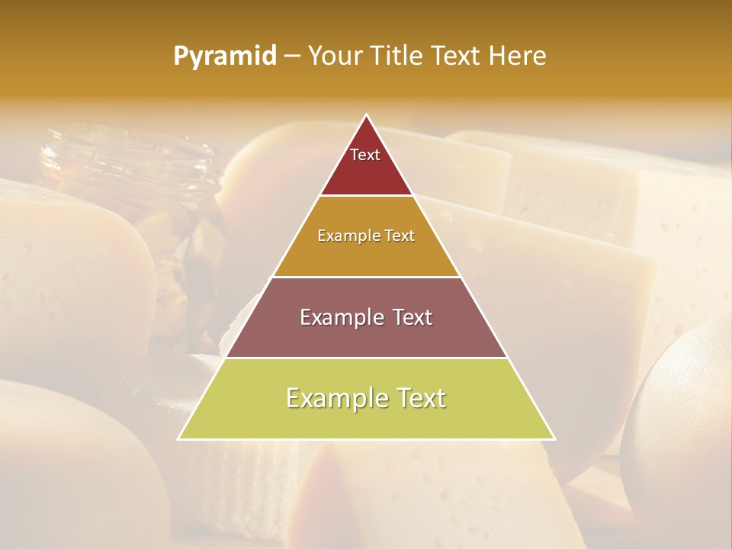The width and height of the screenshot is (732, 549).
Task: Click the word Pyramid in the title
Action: pyautogui.click(x=224, y=56)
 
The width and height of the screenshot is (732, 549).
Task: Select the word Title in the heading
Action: pyautogui.click(x=399, y=56)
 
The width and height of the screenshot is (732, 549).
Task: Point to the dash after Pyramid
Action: pyautogui.click(x=292, y=56)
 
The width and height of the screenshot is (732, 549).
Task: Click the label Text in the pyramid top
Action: pyautogui.click(x=365, y=155)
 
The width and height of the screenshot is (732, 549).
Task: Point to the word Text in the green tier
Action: pyautogui.click(x=419, y=398)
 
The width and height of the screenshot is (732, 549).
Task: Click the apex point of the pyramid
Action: pyautogui.click(x=367, y=116)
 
